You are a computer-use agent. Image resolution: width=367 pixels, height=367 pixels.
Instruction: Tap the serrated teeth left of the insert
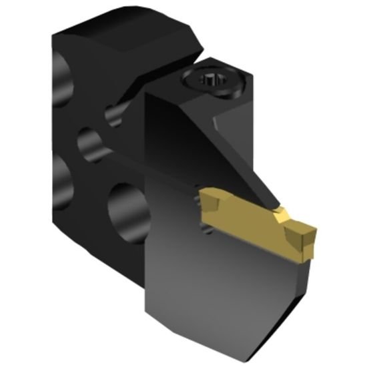(208, 227)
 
